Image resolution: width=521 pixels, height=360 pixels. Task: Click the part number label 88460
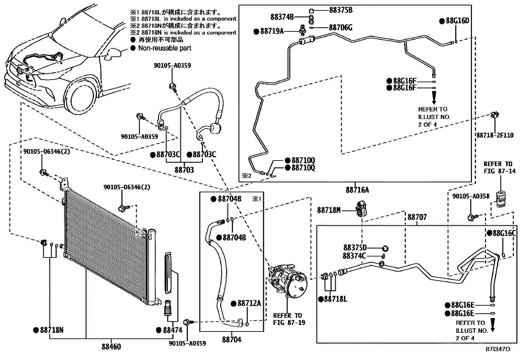click(111, 347)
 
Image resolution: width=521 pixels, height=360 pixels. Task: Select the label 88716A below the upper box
click(357, 190)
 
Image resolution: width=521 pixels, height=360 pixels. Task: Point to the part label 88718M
click(329, 210)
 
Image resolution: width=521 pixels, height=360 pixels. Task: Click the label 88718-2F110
click(494, 135)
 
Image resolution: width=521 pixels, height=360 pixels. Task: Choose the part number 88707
click(417, 217)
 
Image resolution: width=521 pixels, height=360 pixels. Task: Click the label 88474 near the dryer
click(172, 330)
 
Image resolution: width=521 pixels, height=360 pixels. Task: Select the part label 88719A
click(271, 31)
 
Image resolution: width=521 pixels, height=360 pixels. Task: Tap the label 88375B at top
click(340, 10)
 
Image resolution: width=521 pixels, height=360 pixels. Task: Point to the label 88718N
click(51, 330)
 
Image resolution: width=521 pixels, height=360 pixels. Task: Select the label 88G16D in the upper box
click(457, 21)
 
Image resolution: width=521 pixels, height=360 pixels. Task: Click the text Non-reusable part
click(164, 48)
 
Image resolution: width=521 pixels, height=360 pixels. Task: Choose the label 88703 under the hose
click(184, 170)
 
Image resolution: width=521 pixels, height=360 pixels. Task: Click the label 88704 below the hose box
click(231, 340)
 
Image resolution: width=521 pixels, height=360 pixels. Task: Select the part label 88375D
click(355, 248)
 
